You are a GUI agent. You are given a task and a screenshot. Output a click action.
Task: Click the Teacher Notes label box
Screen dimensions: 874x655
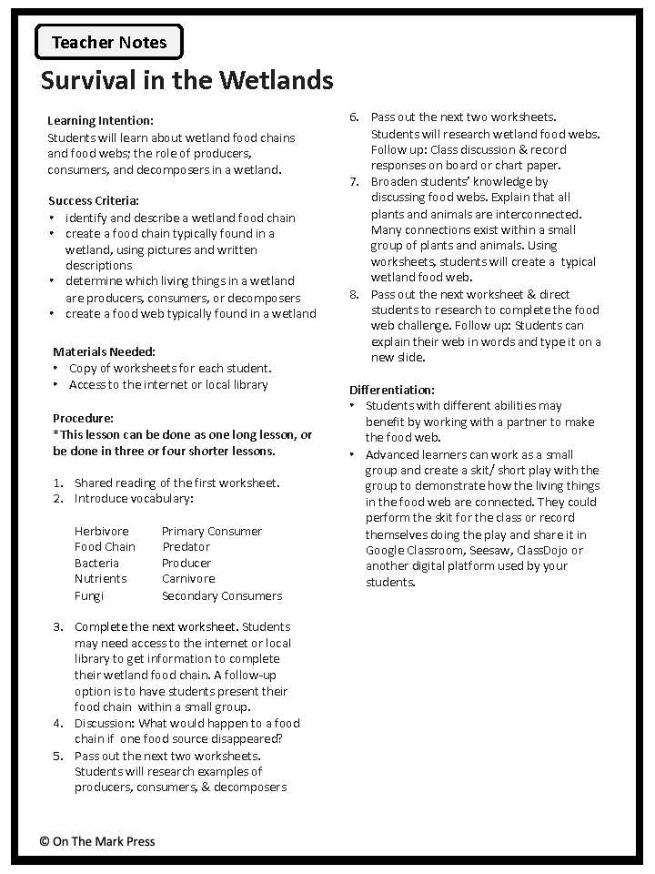109,42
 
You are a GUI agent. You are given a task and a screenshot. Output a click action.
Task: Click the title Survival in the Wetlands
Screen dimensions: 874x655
186,80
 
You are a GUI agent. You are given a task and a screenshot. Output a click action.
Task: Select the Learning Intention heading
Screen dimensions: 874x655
100,120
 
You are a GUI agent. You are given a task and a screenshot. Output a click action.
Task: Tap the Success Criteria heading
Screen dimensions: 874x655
94,200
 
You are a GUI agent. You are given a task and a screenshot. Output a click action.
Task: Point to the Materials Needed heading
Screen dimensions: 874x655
104,351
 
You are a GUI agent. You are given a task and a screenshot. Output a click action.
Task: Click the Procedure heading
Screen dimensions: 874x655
83,418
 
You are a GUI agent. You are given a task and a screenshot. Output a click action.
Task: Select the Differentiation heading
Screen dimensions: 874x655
392,390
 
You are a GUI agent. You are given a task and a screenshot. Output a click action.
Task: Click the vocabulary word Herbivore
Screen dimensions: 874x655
102,531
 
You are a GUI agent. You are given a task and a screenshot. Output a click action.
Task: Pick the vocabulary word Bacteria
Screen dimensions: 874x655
96,563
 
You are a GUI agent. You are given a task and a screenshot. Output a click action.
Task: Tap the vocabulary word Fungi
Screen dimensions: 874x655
89,595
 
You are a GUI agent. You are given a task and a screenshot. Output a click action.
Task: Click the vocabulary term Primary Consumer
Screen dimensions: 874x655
212,531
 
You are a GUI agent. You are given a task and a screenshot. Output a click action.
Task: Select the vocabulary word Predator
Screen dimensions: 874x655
186,546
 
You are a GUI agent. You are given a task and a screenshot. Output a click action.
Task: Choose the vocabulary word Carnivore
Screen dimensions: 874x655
188,578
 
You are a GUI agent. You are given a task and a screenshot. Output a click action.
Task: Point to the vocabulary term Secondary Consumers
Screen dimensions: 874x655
222,595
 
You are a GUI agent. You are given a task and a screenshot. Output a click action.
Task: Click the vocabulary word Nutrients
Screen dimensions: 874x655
100,578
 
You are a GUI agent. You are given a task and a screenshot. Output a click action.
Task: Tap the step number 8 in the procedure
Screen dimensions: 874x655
354,294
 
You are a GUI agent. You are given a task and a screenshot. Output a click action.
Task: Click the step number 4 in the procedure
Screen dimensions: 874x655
57,723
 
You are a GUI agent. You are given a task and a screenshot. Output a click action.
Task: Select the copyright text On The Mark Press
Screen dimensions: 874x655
97,841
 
